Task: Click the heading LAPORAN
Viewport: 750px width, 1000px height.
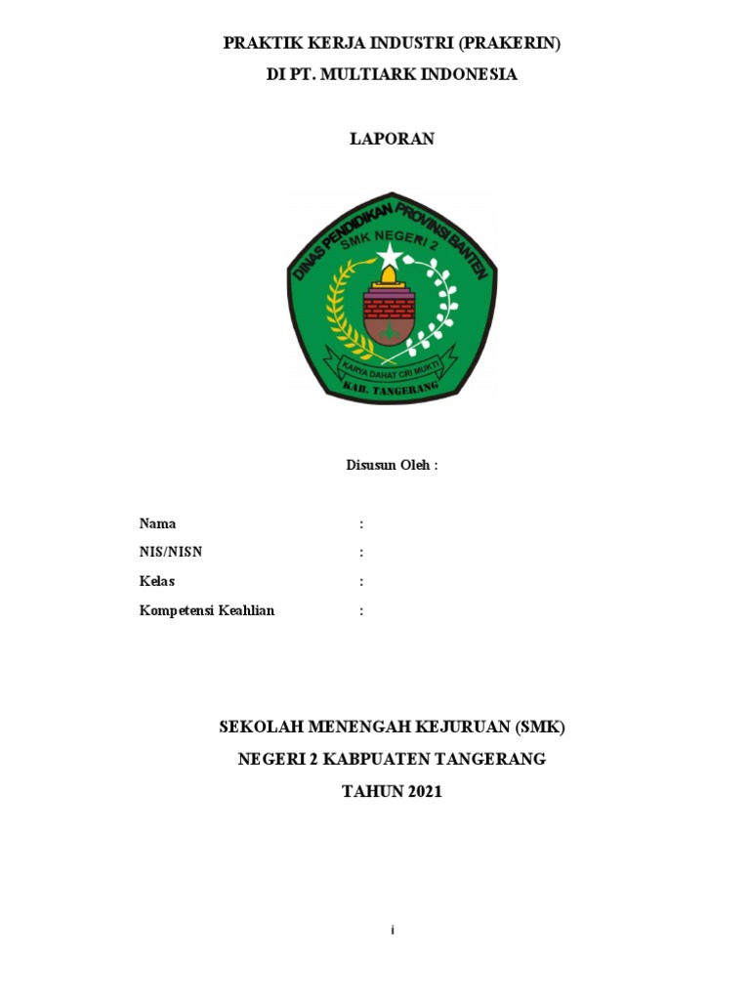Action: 392,139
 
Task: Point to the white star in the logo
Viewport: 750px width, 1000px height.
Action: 391,257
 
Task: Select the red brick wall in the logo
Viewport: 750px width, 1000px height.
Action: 389,307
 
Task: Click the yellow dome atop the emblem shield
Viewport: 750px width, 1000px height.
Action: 390,279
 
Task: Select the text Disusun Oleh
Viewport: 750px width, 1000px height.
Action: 392,465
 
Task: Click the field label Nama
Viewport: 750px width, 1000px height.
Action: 158,523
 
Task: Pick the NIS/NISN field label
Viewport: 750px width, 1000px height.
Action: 171,553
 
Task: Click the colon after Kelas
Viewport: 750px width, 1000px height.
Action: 361,582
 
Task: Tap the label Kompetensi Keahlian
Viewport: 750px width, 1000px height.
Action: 207,611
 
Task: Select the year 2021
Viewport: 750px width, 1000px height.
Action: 420,792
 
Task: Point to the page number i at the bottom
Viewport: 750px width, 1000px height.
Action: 392,931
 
